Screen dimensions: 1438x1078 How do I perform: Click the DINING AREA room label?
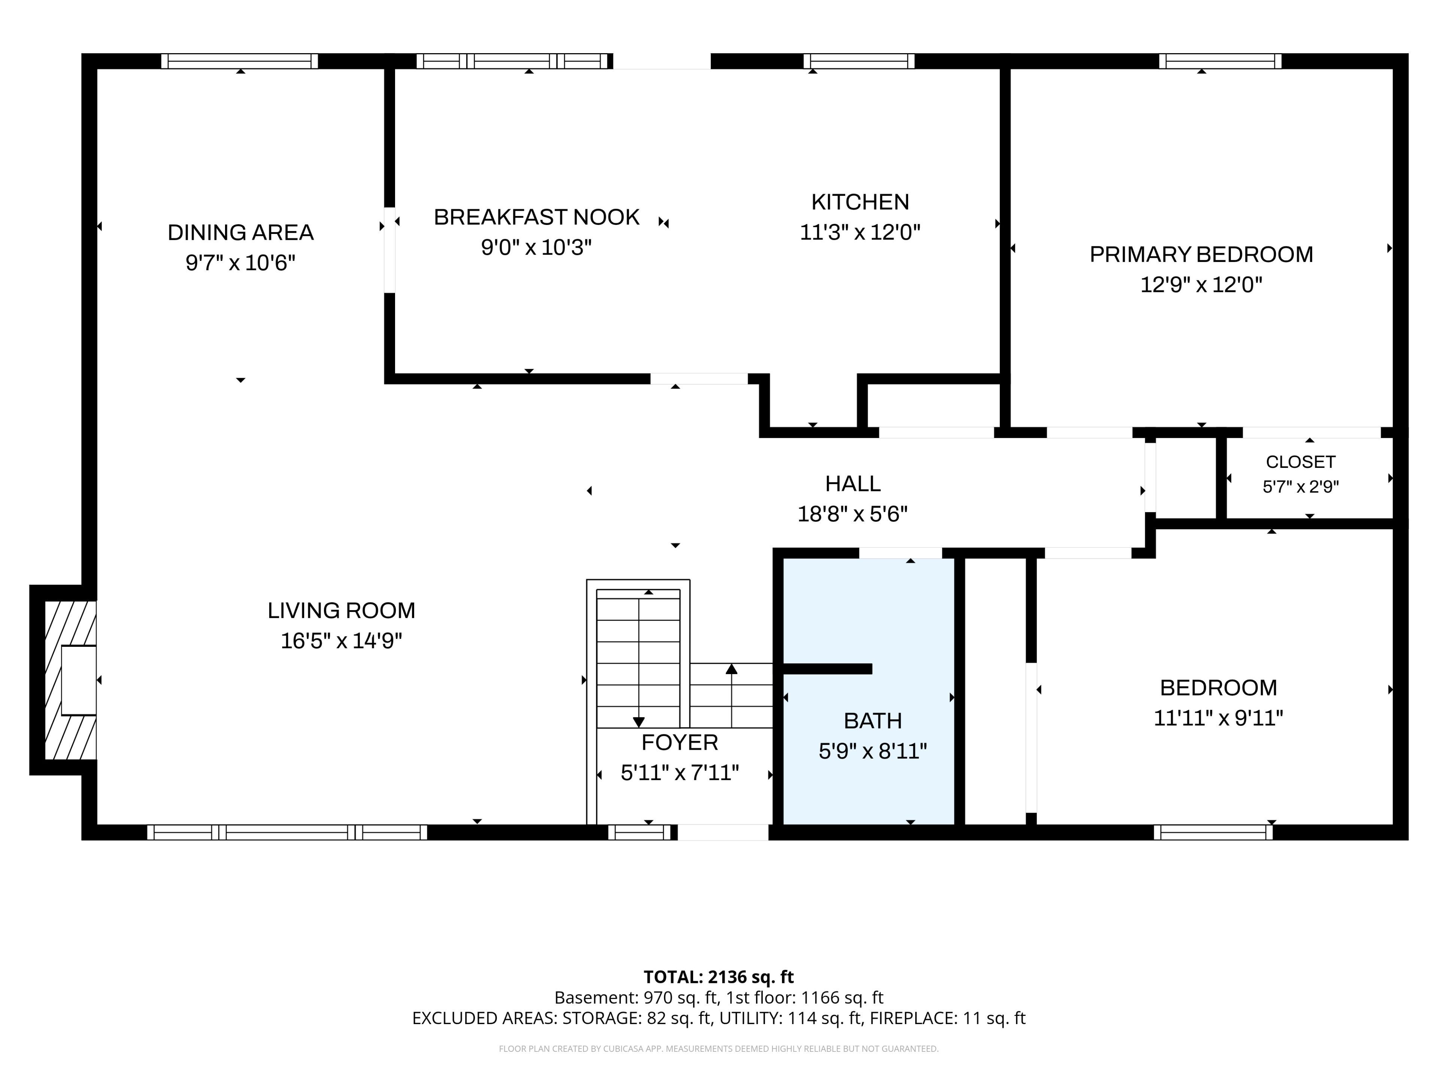[240, 232]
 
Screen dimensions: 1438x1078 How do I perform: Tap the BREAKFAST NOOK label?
[536, 217]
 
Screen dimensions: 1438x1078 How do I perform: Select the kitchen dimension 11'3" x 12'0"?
[860, 232]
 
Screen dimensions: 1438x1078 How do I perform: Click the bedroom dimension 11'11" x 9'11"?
[1218, 718]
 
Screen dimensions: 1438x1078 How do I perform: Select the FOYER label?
[679, 742]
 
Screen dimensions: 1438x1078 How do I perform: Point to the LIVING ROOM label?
[341, 610]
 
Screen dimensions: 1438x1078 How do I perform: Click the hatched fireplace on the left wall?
[70, 680]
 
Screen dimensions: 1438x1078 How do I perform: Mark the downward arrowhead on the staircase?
[638, 722]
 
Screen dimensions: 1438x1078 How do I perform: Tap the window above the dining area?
[240, 61]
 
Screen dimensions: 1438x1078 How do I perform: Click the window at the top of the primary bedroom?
[1220, 61]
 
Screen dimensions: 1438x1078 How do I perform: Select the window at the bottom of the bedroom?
[1213, 832]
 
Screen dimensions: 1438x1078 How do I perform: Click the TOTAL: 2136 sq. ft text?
[718, 977]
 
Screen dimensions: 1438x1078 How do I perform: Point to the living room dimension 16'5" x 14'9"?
[341, 641]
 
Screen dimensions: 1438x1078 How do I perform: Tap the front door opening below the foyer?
[723, 832]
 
